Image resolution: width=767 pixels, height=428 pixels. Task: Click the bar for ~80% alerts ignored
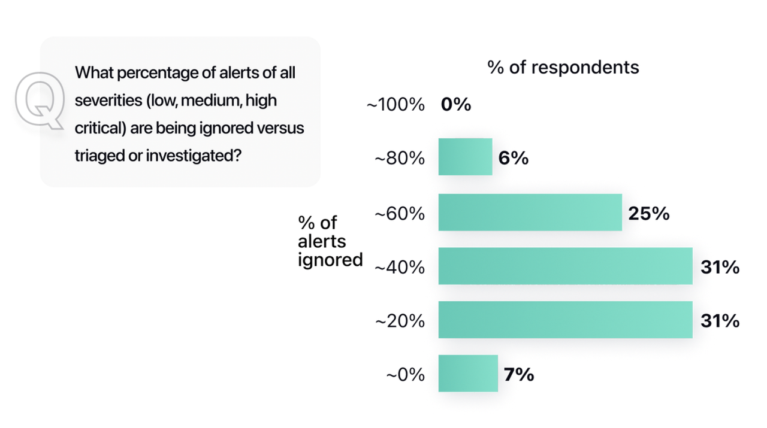tap(465, 157)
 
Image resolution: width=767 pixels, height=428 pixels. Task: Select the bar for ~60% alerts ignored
tap(530, 213)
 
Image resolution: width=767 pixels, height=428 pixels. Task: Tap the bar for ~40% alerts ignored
tap(565, 266)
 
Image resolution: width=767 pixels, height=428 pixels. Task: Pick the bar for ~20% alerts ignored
tap(565, 320)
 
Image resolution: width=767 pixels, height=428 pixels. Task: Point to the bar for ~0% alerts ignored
tap(468, 374)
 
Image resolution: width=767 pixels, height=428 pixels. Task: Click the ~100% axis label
tap(395, 105)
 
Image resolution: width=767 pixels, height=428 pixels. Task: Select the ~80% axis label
tap(400, 159)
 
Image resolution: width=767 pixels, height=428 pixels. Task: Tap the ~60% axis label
tap(400, 213)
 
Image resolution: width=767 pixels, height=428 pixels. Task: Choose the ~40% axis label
tap(400, 267)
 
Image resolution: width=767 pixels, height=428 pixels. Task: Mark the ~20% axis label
tap(400, 321)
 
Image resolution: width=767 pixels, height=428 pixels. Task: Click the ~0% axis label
tap(405, 375)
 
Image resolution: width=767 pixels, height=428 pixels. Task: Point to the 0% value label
tap(456, 105)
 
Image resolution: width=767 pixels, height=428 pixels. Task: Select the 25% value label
tap(649, 213)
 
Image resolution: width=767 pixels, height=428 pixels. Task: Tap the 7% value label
tap(519, 375)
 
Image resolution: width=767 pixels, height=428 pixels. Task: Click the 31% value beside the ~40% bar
tap(720, 267)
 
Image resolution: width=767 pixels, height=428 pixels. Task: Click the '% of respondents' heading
tap(563, 67)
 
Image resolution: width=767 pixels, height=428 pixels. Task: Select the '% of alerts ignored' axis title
tap(330, 241)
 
